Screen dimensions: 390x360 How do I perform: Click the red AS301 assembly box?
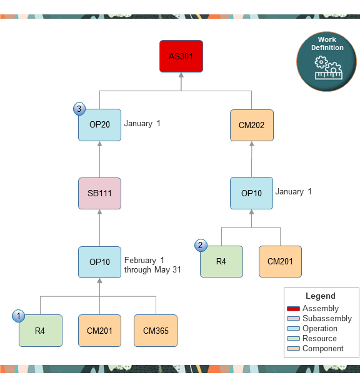point(181,56)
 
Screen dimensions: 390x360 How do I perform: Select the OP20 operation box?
point(100,124)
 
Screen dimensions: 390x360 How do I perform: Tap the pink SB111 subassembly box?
point(100,193)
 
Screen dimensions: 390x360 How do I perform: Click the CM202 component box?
point(251,125)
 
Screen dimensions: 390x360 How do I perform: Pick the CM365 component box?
point(156,330)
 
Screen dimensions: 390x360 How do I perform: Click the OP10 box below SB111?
point(100,262)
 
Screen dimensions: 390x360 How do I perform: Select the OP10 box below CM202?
point(251,193)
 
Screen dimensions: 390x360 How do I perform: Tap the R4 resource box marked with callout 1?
point(41,330)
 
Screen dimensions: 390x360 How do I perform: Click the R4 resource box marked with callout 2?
point(221,261)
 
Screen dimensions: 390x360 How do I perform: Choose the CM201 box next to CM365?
point(100,330)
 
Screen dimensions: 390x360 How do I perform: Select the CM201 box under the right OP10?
point(280,261)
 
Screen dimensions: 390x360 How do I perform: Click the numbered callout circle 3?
point(79,109)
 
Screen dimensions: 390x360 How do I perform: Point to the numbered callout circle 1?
point(19,316)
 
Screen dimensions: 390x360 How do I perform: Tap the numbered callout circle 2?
point(201,246)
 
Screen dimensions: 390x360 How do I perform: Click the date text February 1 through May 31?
point(152,265)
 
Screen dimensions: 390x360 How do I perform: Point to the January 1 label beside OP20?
point(142,124)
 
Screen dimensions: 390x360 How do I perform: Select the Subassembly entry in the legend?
point(327,318)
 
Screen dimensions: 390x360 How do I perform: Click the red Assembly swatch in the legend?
point(294,309)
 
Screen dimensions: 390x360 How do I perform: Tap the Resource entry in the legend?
point(319,338)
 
